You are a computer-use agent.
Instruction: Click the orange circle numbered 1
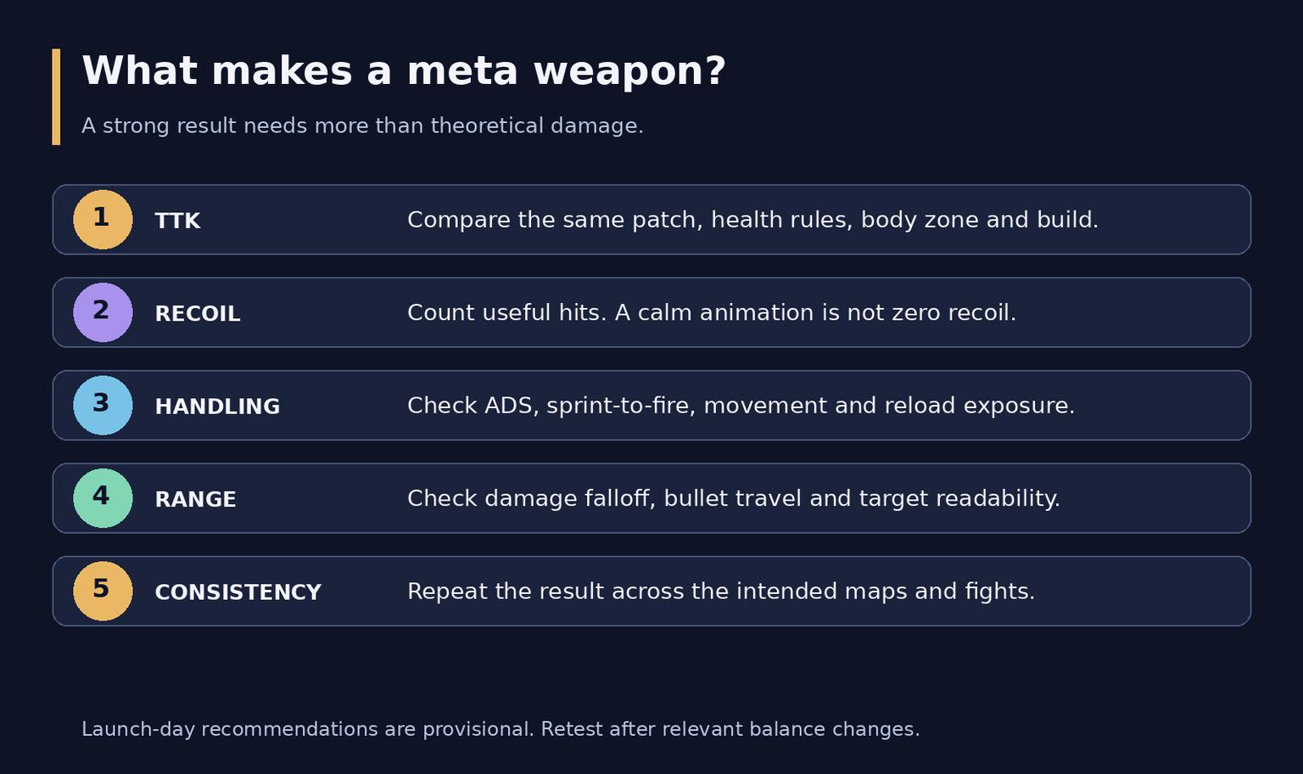(103, 220)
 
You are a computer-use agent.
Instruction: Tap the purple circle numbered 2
(103, 312)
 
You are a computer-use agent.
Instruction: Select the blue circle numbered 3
(103, 405)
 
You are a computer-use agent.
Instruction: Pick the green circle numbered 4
(103, 498)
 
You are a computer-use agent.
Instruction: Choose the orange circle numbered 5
(103, 592)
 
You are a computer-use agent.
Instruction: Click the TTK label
(177, 222)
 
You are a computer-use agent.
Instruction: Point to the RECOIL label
(197, 314)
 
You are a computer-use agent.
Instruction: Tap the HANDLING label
(217, 407)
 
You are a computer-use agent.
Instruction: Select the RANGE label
(195, 500)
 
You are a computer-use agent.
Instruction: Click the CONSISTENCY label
(238, 592)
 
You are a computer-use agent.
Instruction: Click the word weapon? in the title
(629, 72)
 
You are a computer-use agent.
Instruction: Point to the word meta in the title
(462, 71)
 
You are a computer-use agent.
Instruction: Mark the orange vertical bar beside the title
(57, 97)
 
